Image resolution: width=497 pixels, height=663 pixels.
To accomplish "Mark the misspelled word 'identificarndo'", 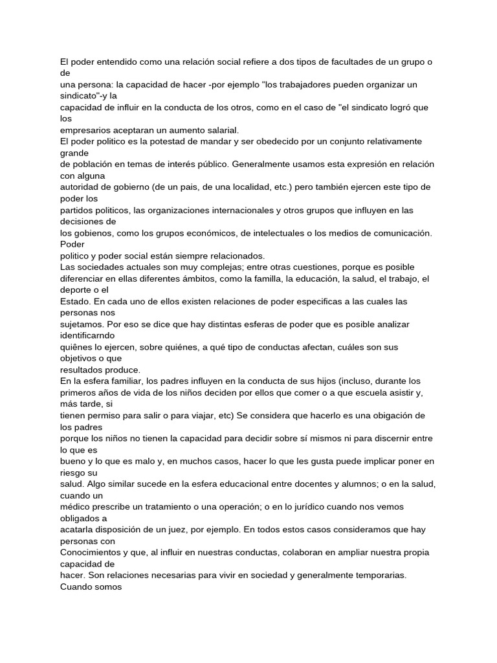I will pyautogui.click(x=87, y=336).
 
